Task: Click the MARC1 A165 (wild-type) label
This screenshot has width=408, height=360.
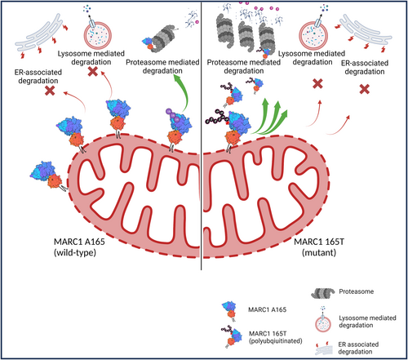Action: (x=79, y=247)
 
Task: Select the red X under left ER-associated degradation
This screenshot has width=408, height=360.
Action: (x=50, y=91)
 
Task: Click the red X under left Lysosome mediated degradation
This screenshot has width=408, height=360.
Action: (x=93, y=72)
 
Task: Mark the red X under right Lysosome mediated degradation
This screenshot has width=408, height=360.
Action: (x=317, y=84)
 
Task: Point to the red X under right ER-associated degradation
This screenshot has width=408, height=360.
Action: (x=365, y=89)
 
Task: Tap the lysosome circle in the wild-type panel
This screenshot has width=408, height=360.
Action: (x=97, y=36)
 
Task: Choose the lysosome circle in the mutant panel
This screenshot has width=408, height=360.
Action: (x=313, y=37)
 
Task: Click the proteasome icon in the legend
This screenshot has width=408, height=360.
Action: (x=323, y=293)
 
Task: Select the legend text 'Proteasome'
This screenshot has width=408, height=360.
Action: (x=357, y=291)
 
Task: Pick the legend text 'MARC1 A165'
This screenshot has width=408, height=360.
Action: (x=267, y=309)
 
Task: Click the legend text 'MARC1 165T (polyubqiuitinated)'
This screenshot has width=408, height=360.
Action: (x=276, y=337)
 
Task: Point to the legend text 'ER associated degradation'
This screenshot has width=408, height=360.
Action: (x=358, y=348)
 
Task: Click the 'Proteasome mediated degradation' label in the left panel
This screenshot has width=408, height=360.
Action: (x=162, y=66)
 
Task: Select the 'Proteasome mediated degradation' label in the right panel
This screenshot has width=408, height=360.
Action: (x=244, y=66)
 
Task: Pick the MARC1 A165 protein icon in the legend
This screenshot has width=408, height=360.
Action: (x=229, y=310)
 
